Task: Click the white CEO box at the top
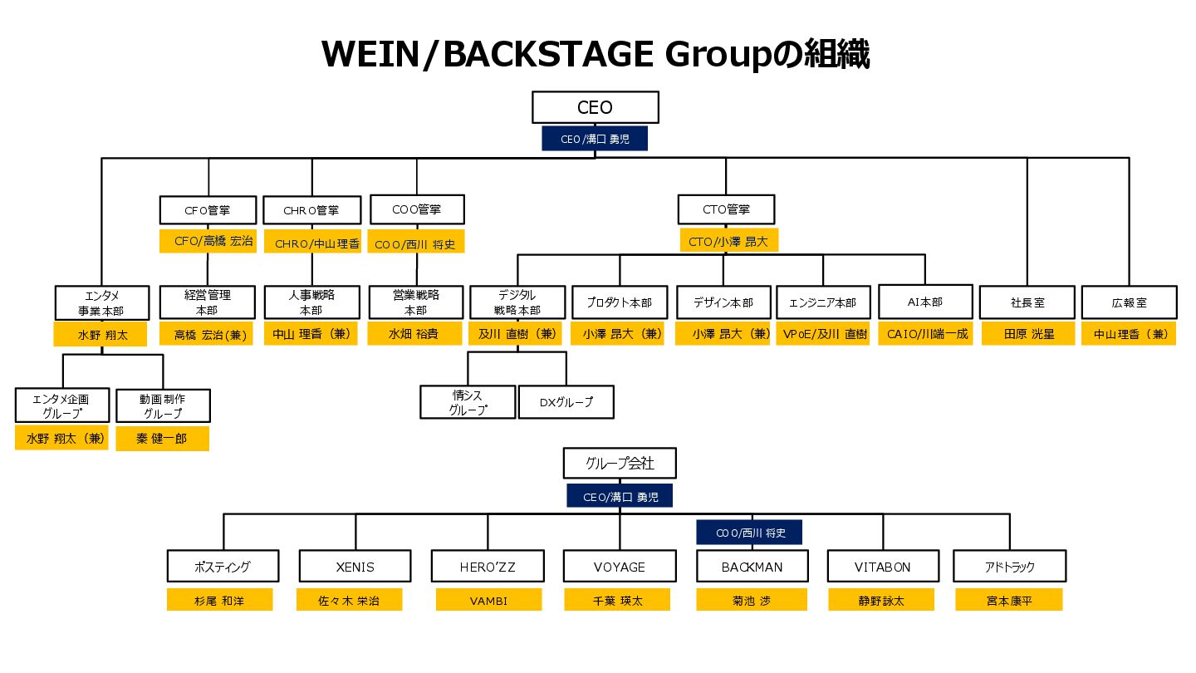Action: click(595, 107)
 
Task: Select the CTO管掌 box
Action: click(726, 209)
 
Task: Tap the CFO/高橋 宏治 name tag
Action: click(207, 241)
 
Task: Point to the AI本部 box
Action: click(925, 302)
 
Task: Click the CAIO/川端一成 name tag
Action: click(928, 335)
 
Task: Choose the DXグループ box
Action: click(566, 402)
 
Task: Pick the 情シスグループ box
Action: click(468, 402)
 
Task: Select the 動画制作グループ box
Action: click(163, 405)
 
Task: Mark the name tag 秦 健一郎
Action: click(163, 439)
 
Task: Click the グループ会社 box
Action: click(620, 464)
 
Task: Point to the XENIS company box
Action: click(355, 567)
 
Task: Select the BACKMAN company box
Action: click(751, 567)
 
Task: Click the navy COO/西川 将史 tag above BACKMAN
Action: click(749, 533)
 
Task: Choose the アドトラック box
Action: click(1009, 567)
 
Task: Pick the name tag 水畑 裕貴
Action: click(415, 335)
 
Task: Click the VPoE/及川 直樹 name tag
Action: click(824, 335)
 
